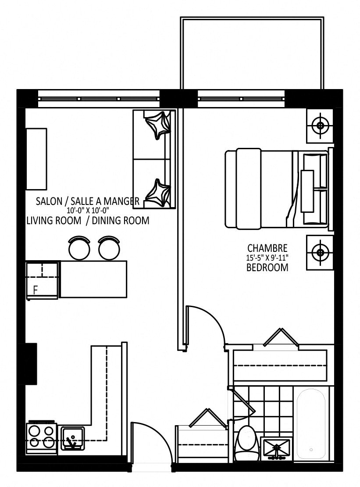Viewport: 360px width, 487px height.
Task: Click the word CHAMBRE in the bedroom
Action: (x=267, y=248)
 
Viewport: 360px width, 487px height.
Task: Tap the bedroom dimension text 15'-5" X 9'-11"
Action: (x=267, y=258)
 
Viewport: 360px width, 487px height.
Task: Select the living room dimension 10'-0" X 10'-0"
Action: (x=88, y=210)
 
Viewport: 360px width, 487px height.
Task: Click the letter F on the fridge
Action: (x=36, y=290)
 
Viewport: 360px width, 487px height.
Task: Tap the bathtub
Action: (x=311, y=423)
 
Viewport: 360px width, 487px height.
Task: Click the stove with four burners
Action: (x=41, y=437)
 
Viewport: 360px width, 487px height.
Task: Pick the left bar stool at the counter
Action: (x=79, y=247)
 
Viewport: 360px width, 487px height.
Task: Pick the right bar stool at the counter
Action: (x=109, y=247)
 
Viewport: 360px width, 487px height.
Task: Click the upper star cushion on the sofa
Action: (x=158, y=125)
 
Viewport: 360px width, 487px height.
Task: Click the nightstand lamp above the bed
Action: (x=320, y=126)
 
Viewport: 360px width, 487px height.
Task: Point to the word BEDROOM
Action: (x=267, y=268)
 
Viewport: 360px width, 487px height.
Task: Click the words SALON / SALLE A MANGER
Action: (x=88, y=201)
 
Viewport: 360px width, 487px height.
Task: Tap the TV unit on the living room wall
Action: (x=37, y=159)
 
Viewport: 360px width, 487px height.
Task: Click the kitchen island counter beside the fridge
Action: (x=93, y=279)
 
